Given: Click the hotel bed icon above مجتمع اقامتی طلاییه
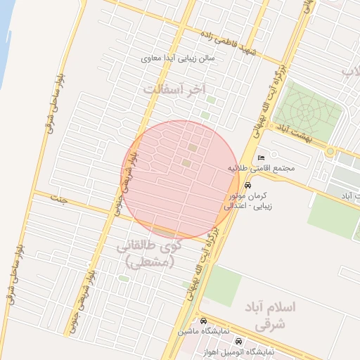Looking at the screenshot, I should point(262,157).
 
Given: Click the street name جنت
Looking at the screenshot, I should point(58,199).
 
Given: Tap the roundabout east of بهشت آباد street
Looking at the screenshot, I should point(330,151).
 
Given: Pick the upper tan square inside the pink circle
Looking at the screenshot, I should point(193,148).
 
